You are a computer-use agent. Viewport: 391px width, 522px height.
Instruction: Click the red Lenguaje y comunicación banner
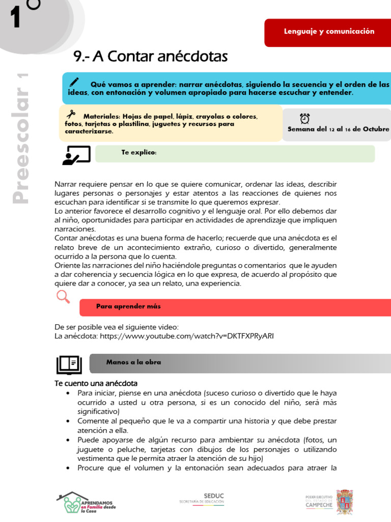pos(328,32)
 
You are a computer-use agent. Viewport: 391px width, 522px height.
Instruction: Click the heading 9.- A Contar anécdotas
pos(150,57)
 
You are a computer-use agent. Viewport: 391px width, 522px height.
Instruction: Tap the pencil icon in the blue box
pos(74,82)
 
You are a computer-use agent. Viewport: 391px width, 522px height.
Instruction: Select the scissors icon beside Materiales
pos(71,114)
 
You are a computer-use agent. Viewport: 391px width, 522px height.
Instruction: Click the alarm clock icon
pos(305,118)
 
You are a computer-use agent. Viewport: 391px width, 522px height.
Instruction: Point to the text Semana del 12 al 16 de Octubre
pos(338,129)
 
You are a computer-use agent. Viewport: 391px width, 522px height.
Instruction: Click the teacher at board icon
pos(76,155)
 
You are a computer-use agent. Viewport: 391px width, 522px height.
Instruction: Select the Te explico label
pos(139,152)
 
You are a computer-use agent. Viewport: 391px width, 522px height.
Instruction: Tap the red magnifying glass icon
pos(63,296)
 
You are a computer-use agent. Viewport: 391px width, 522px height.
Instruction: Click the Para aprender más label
pos(128,306)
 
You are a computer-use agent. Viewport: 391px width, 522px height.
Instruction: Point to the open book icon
pos(69,364)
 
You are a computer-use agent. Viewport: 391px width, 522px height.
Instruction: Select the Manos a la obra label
pos(133,362)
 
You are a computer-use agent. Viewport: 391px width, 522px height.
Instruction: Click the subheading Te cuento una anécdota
pos(96,383)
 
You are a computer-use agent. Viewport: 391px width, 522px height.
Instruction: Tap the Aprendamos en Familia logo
pos(86,502)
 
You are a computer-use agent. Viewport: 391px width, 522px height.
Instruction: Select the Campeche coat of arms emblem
pos(345,502)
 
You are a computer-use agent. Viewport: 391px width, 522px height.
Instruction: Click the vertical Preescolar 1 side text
pos(21,139)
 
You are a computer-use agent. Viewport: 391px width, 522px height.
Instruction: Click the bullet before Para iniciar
pos(68,394)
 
